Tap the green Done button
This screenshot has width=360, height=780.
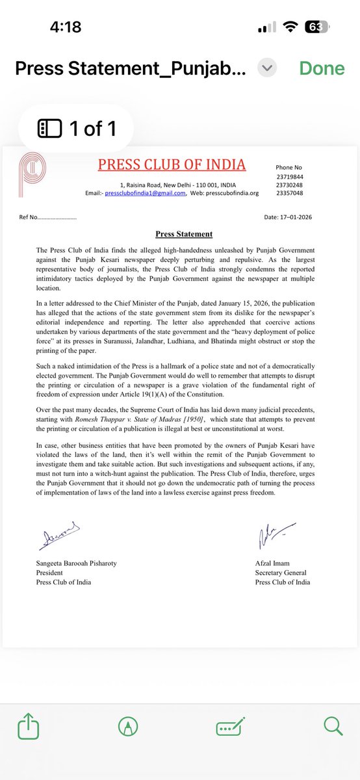click(x=322, y=68)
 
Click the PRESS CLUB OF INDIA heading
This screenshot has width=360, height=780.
click(x=172, y=164)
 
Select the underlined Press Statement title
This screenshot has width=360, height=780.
click(x=184, y=234)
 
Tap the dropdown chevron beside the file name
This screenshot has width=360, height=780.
click(x=267, y=68)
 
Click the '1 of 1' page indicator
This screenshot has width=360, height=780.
click(x=78, y=128)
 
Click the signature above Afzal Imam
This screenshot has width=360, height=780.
click(x=268, y=537)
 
